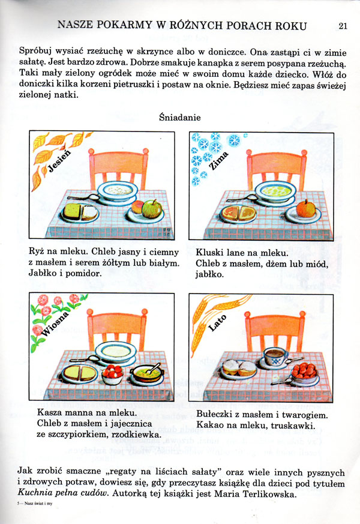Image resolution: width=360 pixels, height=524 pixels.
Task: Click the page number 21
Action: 343,26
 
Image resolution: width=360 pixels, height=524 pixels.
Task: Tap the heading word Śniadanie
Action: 179,117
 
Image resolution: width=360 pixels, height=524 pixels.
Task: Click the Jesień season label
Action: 59,161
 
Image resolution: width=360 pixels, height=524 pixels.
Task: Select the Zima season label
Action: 219,160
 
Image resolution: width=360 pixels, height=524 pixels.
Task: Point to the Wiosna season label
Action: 55,324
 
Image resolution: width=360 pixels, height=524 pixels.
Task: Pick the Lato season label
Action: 217,323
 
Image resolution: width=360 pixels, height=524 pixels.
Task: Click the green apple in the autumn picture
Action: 151,209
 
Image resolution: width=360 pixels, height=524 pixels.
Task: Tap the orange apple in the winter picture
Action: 306,208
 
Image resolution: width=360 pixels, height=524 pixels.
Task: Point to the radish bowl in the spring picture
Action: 113,375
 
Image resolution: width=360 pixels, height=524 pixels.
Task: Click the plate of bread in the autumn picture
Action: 79,212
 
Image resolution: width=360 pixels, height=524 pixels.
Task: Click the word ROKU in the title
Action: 289,26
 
